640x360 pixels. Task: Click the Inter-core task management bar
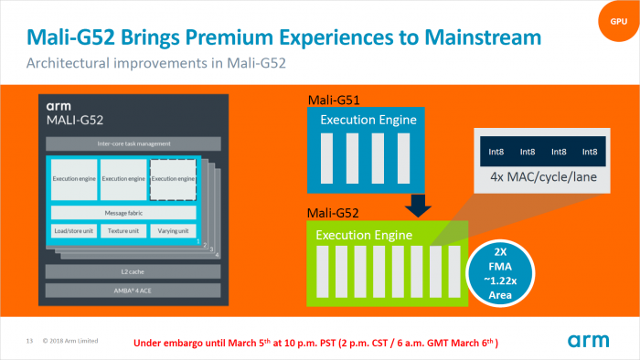tap(123, 143)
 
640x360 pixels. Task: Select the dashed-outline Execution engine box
tap(174, 179)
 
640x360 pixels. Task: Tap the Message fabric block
tap(123, 212)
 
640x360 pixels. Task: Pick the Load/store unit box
tap(73, 231)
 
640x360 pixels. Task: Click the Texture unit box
tap(123, 231)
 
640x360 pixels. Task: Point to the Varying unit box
tap(172, 231)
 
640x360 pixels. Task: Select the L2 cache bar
tap(123, 270)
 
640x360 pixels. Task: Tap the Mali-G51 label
tap(332, 100)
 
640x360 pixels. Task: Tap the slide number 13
tap(29, 342)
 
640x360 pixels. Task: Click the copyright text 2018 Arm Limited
tap(71, 342)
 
